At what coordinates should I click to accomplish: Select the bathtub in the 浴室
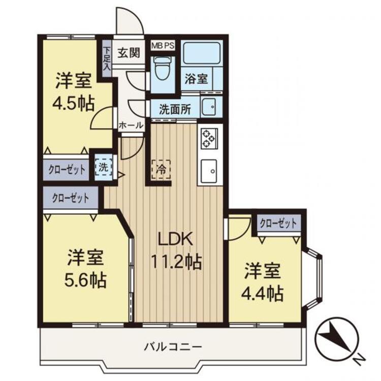(x=201, y=54)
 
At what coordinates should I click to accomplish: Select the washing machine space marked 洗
(x=104, y=166)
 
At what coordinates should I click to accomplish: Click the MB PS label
(x=163, y=45)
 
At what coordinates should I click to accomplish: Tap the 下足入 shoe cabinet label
(x=107, y=58)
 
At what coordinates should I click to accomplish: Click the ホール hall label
(x=131, y=125)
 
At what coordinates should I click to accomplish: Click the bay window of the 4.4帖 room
(x=314, y=279)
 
